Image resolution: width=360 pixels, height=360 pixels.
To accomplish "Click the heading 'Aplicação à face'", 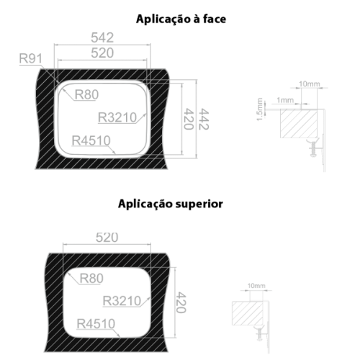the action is (181, 19).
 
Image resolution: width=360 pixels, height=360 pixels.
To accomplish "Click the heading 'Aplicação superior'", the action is (171, 204).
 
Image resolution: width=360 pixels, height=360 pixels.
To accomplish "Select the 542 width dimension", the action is (102, 37).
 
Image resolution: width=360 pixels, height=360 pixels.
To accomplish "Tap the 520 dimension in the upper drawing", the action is (102, 53).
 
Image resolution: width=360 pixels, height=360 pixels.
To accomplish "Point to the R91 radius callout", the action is (30, 58).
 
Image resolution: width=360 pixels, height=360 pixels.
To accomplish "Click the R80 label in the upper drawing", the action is (86, 94).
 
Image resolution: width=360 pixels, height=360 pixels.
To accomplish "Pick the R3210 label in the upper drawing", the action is (117, 117).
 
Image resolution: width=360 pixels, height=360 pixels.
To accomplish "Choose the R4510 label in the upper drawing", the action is (91, 140).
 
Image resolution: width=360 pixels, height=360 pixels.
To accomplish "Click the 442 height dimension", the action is (204, 119).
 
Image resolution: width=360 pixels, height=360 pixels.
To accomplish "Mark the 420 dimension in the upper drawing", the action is (189, 119).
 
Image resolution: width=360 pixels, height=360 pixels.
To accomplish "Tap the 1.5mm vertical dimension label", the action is (260, 109).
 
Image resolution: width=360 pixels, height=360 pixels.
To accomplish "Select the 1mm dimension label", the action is (285, 100).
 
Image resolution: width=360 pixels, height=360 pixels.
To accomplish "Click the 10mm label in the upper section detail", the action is (310, 84).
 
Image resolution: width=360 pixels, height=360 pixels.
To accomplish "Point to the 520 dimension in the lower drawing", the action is (107, 238).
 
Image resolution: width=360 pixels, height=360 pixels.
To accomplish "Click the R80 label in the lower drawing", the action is (91, 279).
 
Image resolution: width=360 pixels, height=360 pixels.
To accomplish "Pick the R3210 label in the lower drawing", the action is (122, 301).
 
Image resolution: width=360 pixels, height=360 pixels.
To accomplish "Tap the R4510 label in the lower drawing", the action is (96, 324).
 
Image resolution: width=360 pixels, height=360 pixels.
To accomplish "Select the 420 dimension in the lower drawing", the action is (181, 302).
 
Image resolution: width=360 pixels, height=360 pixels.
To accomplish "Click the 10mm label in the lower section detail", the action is (256, 286).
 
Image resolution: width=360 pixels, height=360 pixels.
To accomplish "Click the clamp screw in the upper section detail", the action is (313, 149).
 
